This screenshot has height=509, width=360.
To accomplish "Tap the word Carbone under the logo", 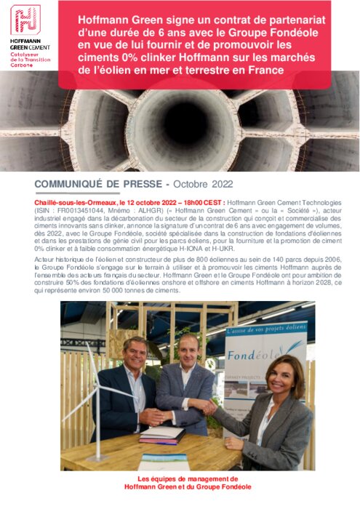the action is click(x=22, y=65).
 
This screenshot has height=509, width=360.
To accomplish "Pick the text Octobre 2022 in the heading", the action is click(x=197, y=185).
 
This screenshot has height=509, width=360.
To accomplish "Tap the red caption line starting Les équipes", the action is click(x=188, y=479).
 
